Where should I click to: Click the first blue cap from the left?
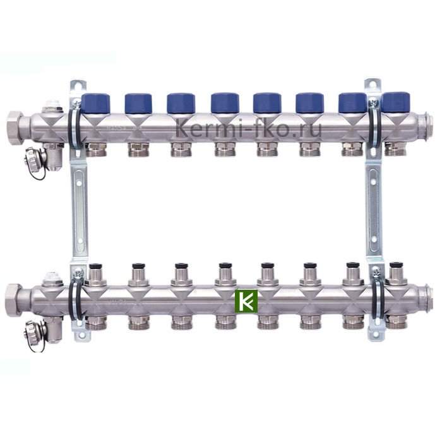pos(95,103)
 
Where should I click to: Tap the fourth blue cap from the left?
pos(225,102)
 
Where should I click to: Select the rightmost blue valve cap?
pos(395,102)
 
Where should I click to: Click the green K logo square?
pos(246,301)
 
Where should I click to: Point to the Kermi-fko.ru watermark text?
pos(248,128)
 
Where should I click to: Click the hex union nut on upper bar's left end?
pos(14,125)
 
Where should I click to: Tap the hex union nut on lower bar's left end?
pos(13,300)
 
